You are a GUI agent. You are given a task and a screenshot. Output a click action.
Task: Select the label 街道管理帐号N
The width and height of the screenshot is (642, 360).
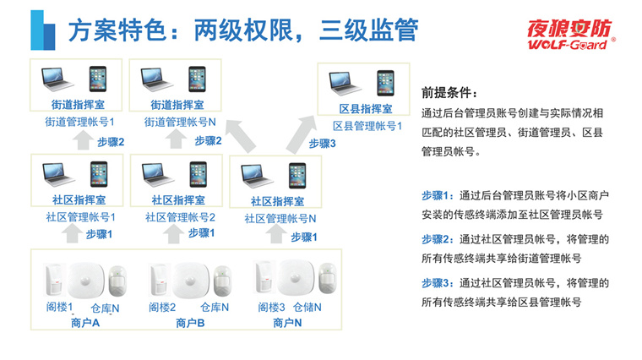click(x=177, y=122)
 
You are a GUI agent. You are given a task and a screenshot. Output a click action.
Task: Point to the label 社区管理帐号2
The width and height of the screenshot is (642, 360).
click(x=178, y=217)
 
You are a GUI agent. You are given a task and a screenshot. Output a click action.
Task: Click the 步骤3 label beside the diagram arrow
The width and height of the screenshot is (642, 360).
click(x=323, y=144)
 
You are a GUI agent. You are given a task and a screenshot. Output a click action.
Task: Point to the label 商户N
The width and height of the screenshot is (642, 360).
click(x=287, y=323)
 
